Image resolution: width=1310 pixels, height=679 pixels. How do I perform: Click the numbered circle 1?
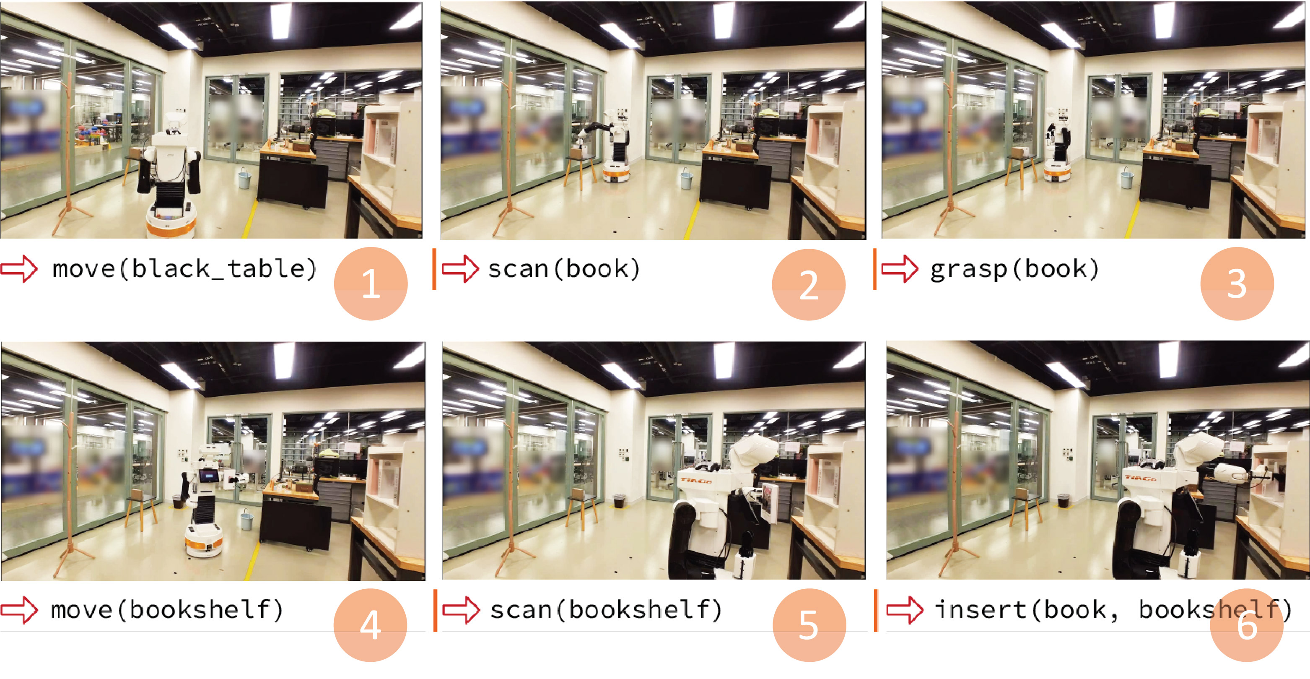coord(371,284)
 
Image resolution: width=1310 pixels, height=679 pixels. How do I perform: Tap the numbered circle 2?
coord(809,284)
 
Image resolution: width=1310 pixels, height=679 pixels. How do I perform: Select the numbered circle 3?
coord(1237,284)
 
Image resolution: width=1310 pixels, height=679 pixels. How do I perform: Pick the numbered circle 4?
coord(370,625)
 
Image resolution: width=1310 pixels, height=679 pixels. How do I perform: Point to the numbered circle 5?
coord(809,625)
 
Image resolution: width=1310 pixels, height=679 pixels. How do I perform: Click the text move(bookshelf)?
coord(167,609)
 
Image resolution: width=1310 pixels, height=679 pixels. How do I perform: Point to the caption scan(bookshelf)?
coord(606,609)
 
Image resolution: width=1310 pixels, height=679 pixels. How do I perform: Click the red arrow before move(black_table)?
coord(19,268)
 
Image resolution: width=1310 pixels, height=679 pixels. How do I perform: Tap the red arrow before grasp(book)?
coord(900,268)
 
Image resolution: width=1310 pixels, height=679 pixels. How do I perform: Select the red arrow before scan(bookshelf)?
coord(461,610)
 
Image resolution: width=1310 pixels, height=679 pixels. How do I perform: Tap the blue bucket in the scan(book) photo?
coord(686,179)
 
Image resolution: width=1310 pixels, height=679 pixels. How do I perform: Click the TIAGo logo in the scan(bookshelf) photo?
coord(696,480)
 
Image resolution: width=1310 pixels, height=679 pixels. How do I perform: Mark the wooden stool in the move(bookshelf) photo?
coord(140,510)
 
